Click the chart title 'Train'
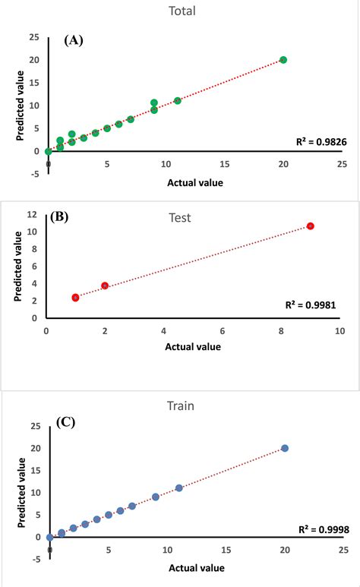coord(179,406)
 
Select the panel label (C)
coord(69,423)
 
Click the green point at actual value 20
coord(283,60)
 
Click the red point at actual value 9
coord(310,226)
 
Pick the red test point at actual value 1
coord(76,298)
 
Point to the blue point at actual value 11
coord(178,488)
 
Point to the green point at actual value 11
coord(178,100)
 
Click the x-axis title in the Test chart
coord(193,347)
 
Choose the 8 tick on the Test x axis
coord(281,332)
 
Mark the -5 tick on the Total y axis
coord(33,174)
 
